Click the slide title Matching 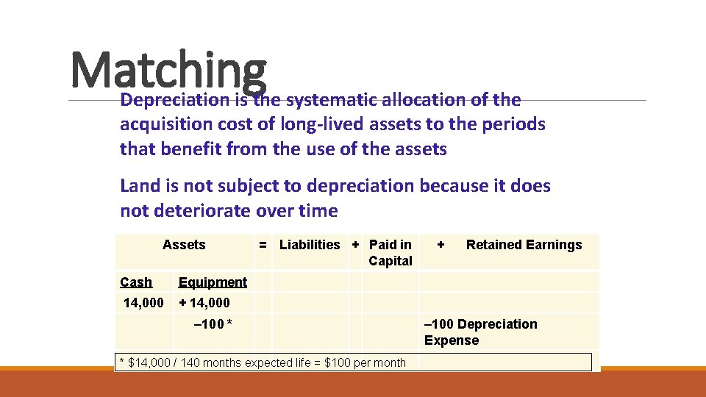point(168,70)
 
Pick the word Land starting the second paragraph point(138,186)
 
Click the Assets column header point(184,245)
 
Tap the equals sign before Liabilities point(263,245)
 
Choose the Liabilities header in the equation point(310,245)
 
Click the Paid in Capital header point(390,253)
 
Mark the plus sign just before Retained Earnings point(441,245)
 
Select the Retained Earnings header point(524,245)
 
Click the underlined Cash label point(136,282)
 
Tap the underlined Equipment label point(213,282)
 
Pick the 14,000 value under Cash point(143,302)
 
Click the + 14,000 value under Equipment point(204,302)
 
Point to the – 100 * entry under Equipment point(213,324)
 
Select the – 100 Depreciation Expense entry point(480,332)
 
